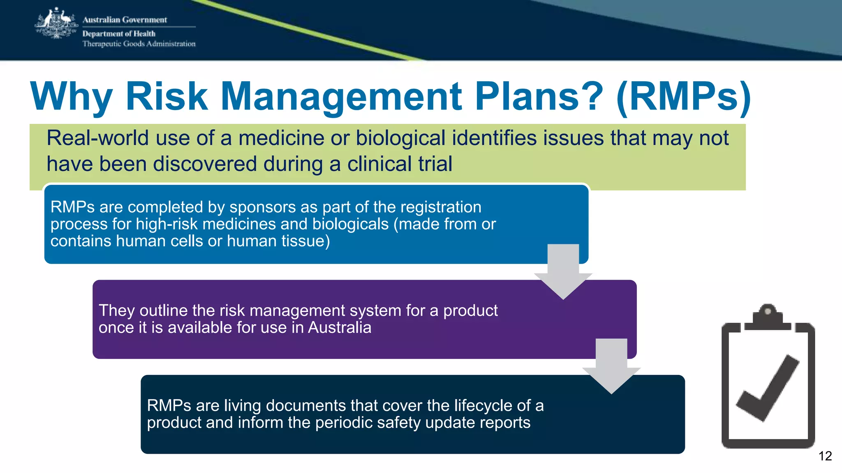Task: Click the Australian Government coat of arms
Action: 56,24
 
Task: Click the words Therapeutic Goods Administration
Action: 139,44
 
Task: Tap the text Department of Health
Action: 119,34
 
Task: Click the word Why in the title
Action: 71,97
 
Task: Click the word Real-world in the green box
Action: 97,138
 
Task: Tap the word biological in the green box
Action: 400,138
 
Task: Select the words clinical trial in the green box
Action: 400,164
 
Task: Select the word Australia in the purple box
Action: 340,328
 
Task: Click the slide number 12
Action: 825,456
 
